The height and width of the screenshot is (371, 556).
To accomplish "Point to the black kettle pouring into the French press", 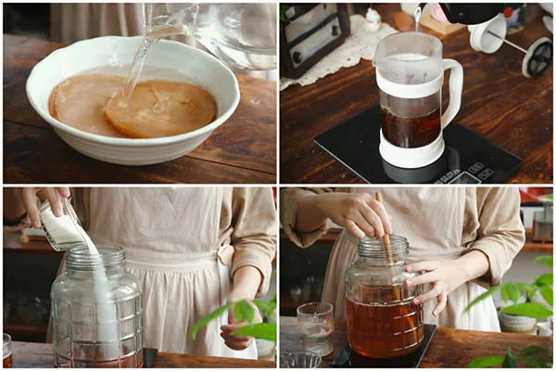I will coord(463,10).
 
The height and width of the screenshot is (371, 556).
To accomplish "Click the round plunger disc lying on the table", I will coord(537,57).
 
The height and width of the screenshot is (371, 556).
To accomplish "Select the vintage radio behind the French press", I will coord(315,36).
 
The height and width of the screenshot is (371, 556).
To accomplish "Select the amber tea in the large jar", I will coord(384,325).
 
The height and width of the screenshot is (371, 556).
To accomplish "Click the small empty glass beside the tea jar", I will coord(316,326).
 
